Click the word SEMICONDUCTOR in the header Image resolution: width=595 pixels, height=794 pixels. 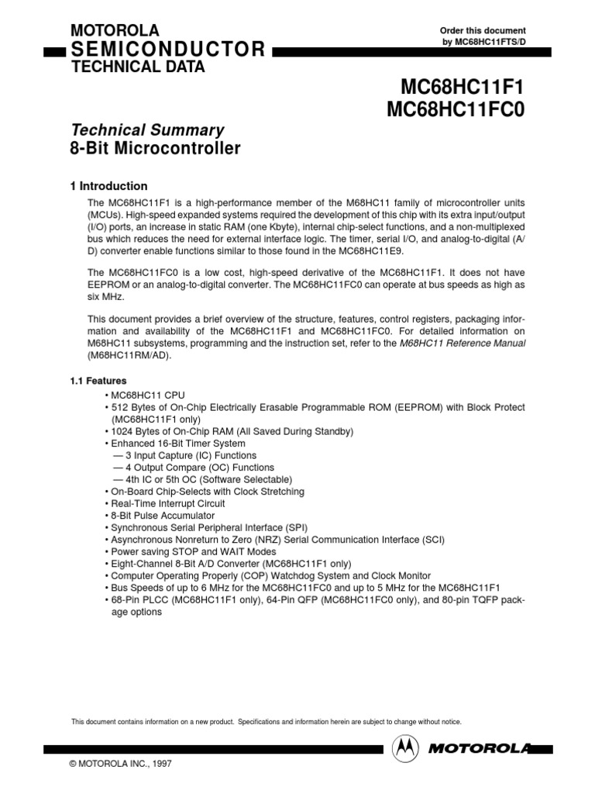(x=168, y=50)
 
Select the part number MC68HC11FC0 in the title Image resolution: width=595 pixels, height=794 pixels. (x=456, y=111)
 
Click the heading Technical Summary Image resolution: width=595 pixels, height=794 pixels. (x=147, y=130)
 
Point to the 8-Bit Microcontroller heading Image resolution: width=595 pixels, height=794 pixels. (x=155, y=148)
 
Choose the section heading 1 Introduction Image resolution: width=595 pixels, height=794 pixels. (x=108, y=186)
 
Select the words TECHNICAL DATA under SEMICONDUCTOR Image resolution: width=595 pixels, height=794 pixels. (x=138, y=67)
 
